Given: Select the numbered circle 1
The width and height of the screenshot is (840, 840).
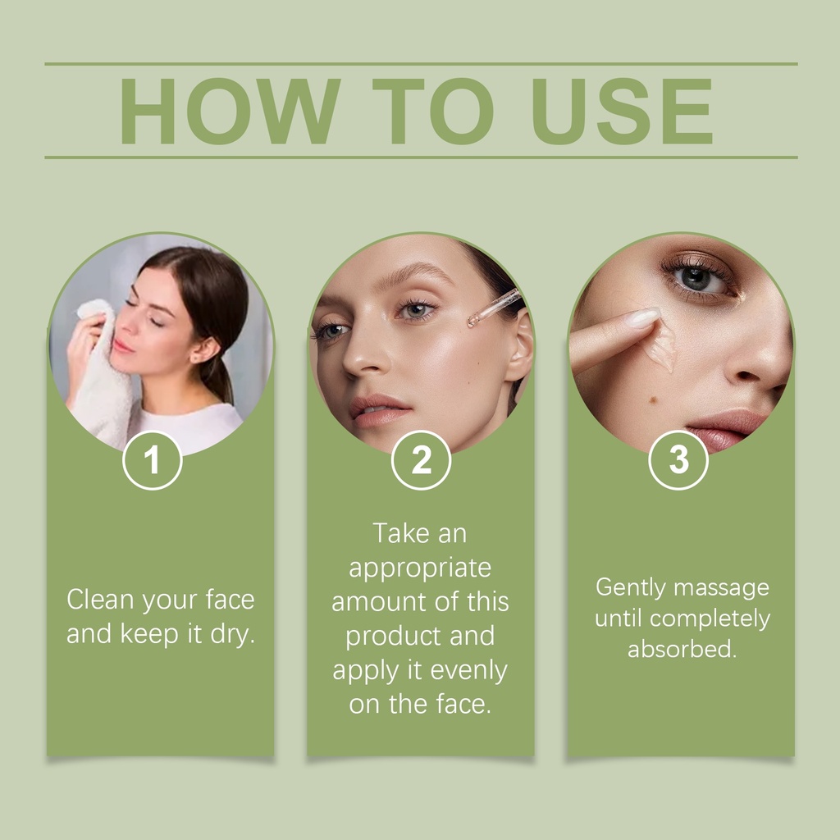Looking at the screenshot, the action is pyautogui.click(x=152, y=460).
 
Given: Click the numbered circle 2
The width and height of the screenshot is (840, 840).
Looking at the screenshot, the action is pyautogui.click(x=421, y=460).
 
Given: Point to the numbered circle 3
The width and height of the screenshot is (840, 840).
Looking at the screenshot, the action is pyautogui.click(x=678, y=460).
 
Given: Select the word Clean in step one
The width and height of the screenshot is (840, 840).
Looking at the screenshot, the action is pyautogui.click(x=100, y=599).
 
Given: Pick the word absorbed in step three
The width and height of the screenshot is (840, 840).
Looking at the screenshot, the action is pyautogui.click(x=682, y=649).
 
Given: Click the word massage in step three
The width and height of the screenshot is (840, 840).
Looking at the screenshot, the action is pyautogui.click(x=722, y=588).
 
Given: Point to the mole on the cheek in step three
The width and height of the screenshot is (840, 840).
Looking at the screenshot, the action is pyautogui.click(x=654, y=399).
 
